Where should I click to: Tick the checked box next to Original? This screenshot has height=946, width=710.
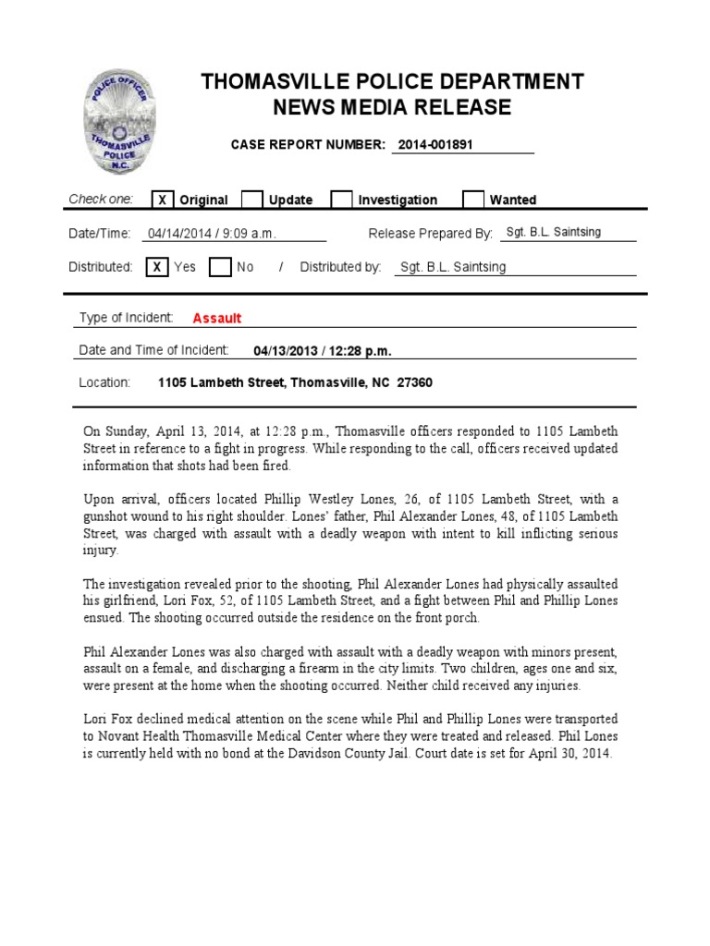tap(162, 200)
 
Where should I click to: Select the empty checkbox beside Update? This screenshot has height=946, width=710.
tap(251, 200)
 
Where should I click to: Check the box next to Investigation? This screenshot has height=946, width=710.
tap(341, 200)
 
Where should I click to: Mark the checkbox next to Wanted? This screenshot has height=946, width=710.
tap(472, 200)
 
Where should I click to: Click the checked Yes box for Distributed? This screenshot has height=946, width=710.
tap(157, 267)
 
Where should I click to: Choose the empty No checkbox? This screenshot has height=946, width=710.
tap(219, 267)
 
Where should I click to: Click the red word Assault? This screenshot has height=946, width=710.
tap(217, 319)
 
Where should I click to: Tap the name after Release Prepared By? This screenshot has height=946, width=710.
tap(553, 233)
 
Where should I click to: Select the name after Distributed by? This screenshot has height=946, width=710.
tap(452, 267)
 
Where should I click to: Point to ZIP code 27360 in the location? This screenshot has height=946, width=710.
tap(414, 382)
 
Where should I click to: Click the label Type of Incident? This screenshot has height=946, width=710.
tap(126, 318)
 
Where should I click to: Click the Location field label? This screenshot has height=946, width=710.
tap(104, 382)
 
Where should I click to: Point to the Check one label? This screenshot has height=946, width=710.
tap(101, 200)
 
